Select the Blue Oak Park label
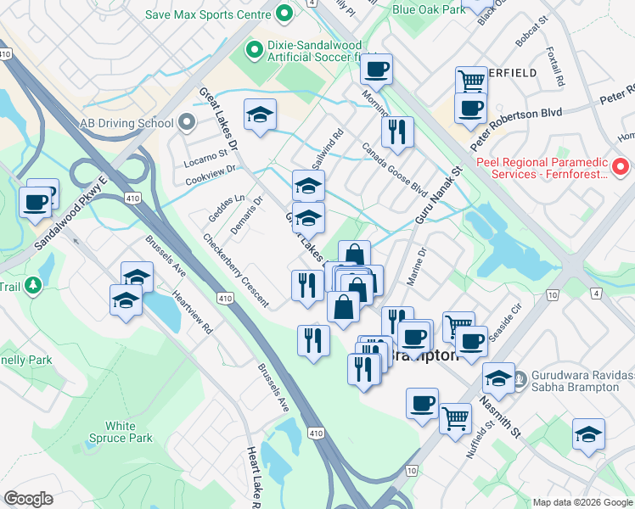(x=428, y=9)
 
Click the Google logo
(x=29, y=499)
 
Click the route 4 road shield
(x=595, y=294)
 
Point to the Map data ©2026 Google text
(x=582, y=501)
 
